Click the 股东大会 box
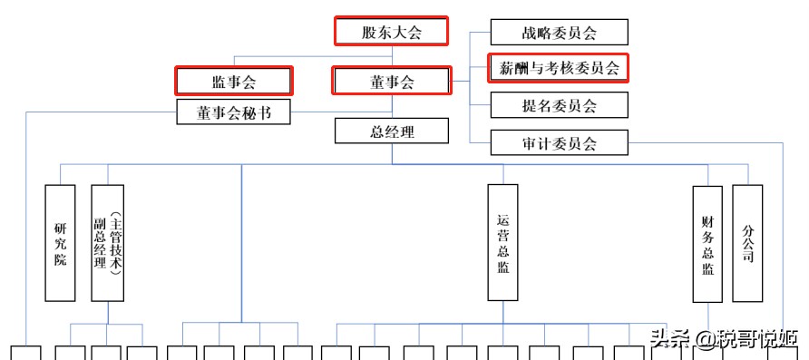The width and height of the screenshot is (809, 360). click(392, 32)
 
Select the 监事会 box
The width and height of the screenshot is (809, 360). click(234, 82)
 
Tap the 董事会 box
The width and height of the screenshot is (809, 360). click(392, 82)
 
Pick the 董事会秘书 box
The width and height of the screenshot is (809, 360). click(234, 112)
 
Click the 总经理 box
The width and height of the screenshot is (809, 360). click(392, 131)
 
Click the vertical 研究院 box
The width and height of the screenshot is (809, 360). click(61, 243)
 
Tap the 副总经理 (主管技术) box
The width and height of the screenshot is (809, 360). click(107, 243)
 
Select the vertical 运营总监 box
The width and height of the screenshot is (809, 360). click(502, 243)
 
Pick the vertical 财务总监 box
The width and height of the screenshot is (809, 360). click(707, 244)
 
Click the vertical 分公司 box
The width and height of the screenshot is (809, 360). click(747, 243)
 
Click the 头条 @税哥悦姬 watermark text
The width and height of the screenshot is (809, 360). click(722, 338)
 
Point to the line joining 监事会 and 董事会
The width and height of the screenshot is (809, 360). click(314, 82)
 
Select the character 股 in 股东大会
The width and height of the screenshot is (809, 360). click(369, 32)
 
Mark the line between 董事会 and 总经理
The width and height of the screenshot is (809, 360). click(392, 107)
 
